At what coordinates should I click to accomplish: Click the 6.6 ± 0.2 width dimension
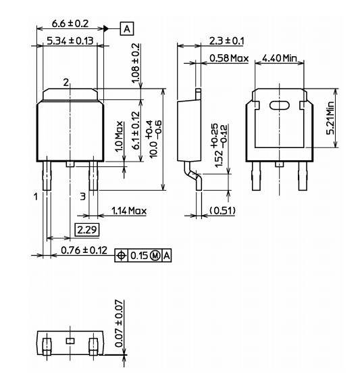(x=71, y=24)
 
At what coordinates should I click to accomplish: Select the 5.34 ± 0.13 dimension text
(x=70, y=42)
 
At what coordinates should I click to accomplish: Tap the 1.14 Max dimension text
(x=128, y=211)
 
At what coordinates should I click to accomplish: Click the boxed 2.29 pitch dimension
(x=87, y=231)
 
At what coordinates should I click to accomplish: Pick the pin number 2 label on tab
(x=66, y=83)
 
